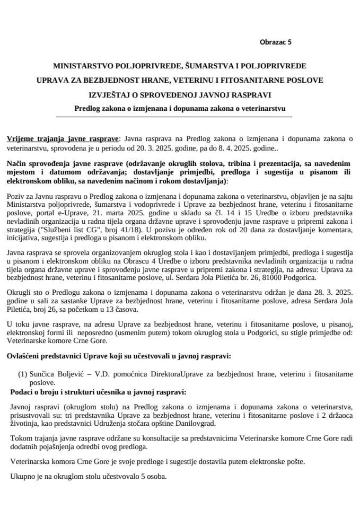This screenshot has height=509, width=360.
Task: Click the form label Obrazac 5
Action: pyautogui.click(x=276, y=41)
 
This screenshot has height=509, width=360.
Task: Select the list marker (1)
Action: pyautogui.click(x=23, y=374)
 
